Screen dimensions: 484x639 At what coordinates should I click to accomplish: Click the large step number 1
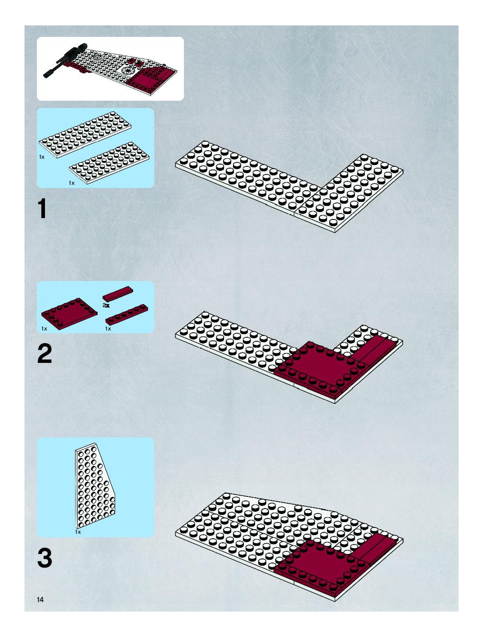[x=42, y=209]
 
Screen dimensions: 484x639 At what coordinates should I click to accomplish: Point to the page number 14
[x=40, y=599]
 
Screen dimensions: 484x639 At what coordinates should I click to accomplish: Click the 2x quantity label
[x=106, y=305]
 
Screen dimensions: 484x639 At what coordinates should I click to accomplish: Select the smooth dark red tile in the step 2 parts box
[x=118, y=294]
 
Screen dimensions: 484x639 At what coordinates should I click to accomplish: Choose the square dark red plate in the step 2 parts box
[x=69, y=314]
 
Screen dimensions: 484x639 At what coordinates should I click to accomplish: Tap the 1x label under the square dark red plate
[x=44, y=328]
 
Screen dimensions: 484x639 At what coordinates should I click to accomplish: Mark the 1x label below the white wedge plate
[x=78, y=532]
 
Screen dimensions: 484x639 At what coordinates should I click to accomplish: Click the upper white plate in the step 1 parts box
[x=85, y=135]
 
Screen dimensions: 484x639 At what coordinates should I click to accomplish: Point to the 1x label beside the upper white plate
[x=42, y=157]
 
